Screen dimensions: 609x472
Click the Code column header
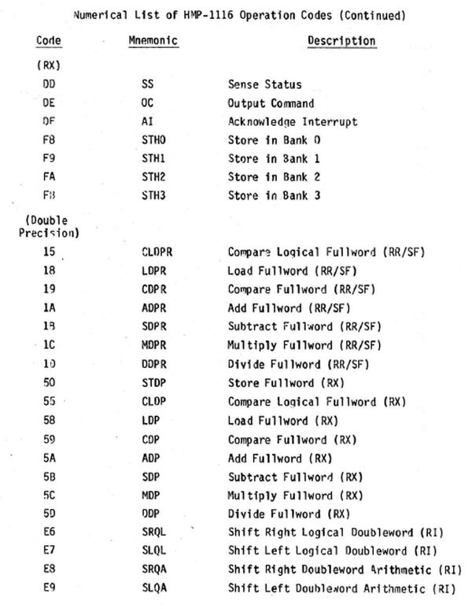pyautogui.click(x=49, y=41)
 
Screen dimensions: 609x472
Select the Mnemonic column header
pyautogui.click(x=153, y=41)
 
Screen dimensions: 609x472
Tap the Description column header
pyautogui.click(x=341, y=41)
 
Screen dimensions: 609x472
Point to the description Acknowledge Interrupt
pyautogui.click(x=292, y=121)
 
